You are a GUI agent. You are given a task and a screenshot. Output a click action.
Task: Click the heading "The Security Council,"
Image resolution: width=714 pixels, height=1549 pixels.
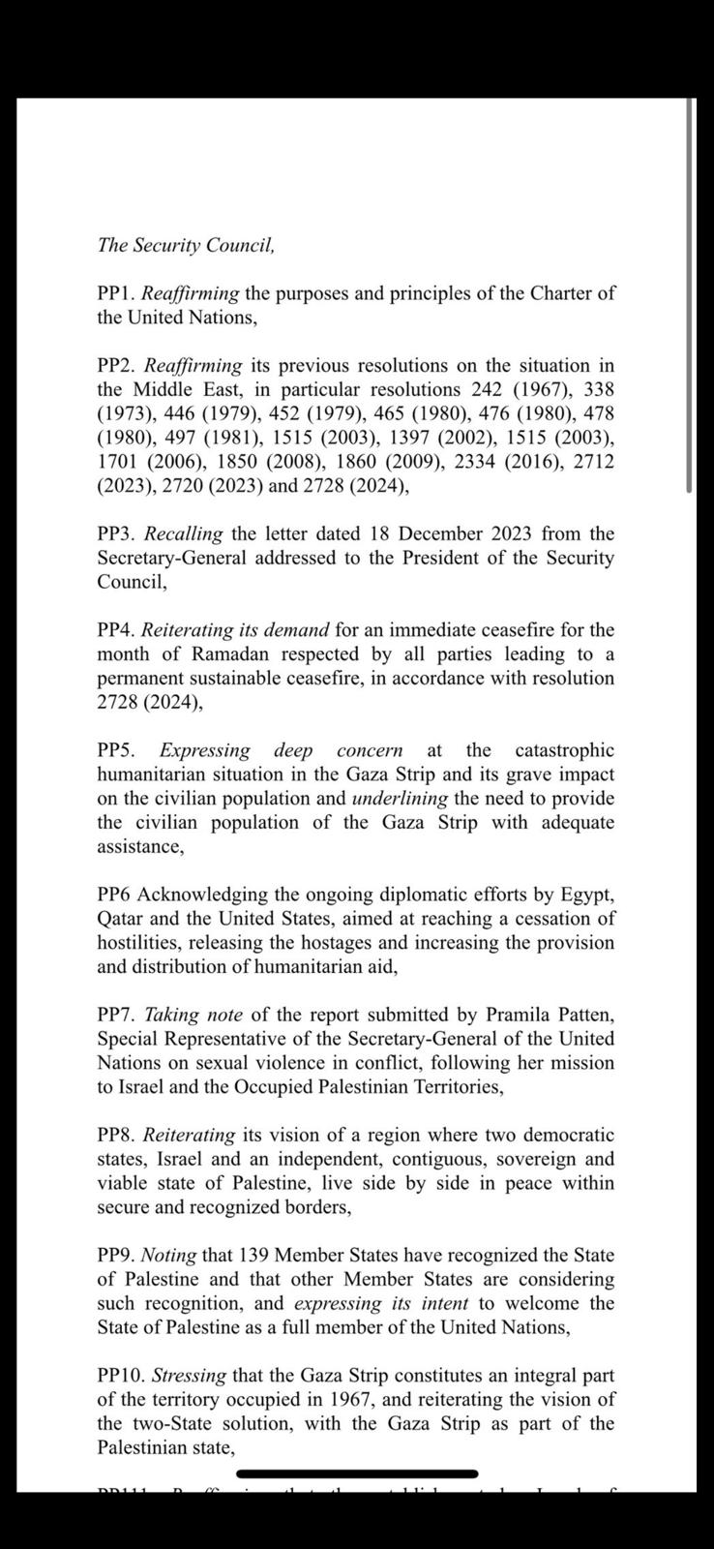(x=186, y=245)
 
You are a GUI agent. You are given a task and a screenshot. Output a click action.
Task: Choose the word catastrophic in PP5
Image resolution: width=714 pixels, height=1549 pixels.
(x=564, y=750)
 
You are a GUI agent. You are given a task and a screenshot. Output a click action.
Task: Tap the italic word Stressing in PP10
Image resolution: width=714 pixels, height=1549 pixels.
(x=190, y=1375)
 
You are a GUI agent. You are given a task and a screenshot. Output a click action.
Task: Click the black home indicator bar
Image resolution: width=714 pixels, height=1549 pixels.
(x=357, y=1474)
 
